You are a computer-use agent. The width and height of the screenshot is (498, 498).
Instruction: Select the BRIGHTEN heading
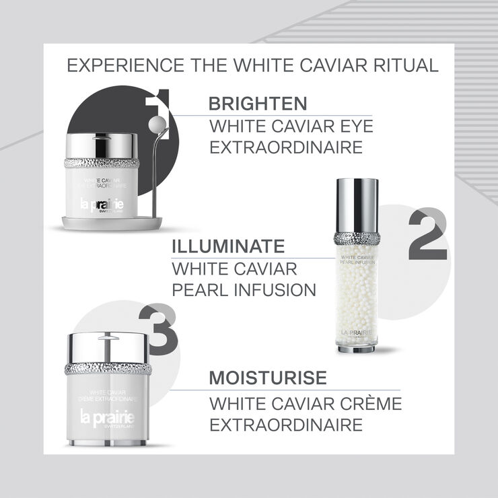pos(258,104)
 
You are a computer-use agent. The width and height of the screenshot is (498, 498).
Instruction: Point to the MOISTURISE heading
pos(268,378)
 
